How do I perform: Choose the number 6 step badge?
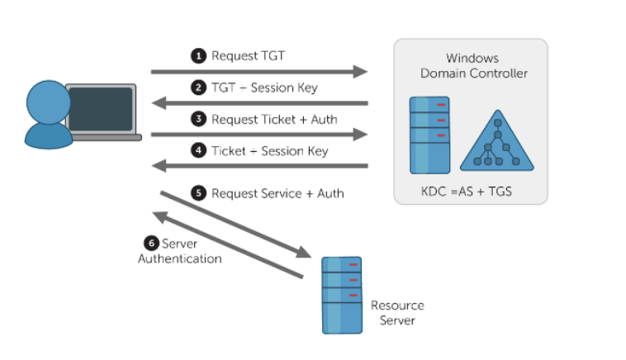click(150, 244)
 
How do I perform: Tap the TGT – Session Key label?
click(264, 88)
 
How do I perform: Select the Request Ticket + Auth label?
click(273, 119)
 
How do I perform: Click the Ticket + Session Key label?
click(269, 151)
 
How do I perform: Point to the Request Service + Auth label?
click(277, 193)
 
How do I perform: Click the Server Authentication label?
click(180, 251)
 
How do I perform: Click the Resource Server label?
click(397, 312)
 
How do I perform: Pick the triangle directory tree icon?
click(496, 137)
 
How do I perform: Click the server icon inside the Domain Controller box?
click(430, 135)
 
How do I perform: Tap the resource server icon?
click(343, 294)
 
